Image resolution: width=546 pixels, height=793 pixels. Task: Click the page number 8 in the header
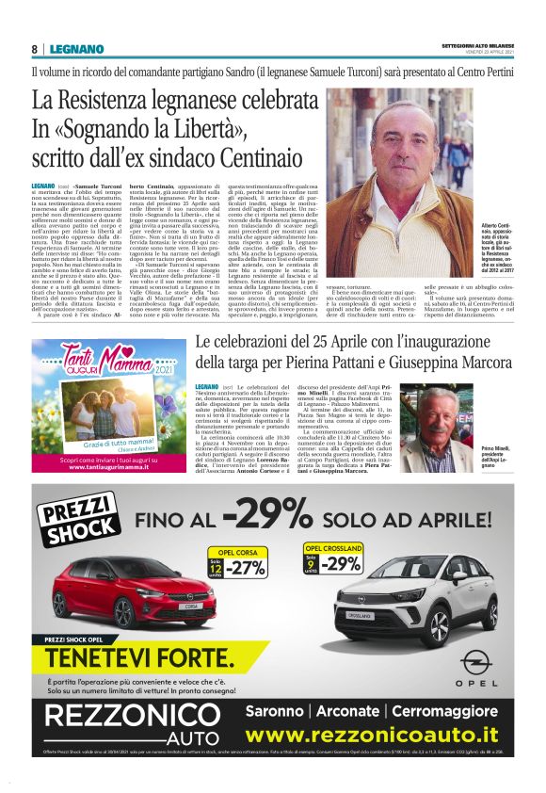point(35,49)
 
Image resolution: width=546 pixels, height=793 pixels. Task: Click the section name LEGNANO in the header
point(71,49)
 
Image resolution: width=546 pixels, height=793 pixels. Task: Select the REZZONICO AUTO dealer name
point(132,741)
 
